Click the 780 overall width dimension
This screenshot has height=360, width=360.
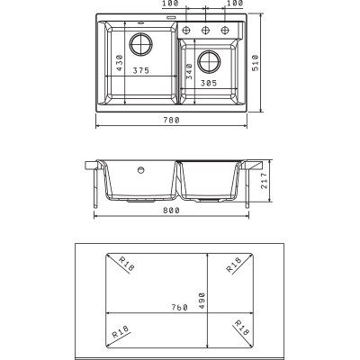[171, 120]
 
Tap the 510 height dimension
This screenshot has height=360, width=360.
[256, 63]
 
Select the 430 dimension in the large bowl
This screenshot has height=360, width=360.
[120, 63]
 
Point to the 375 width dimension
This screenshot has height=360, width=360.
[141, 70]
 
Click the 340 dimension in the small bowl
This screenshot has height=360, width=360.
[189, 71]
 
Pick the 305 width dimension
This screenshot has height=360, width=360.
[209, 83]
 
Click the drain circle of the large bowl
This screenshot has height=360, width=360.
[141, 44]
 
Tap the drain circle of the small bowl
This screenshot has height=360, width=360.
[209, 62]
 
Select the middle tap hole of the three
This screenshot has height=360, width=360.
[205, 30]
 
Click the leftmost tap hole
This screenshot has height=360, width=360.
[186, 30]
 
